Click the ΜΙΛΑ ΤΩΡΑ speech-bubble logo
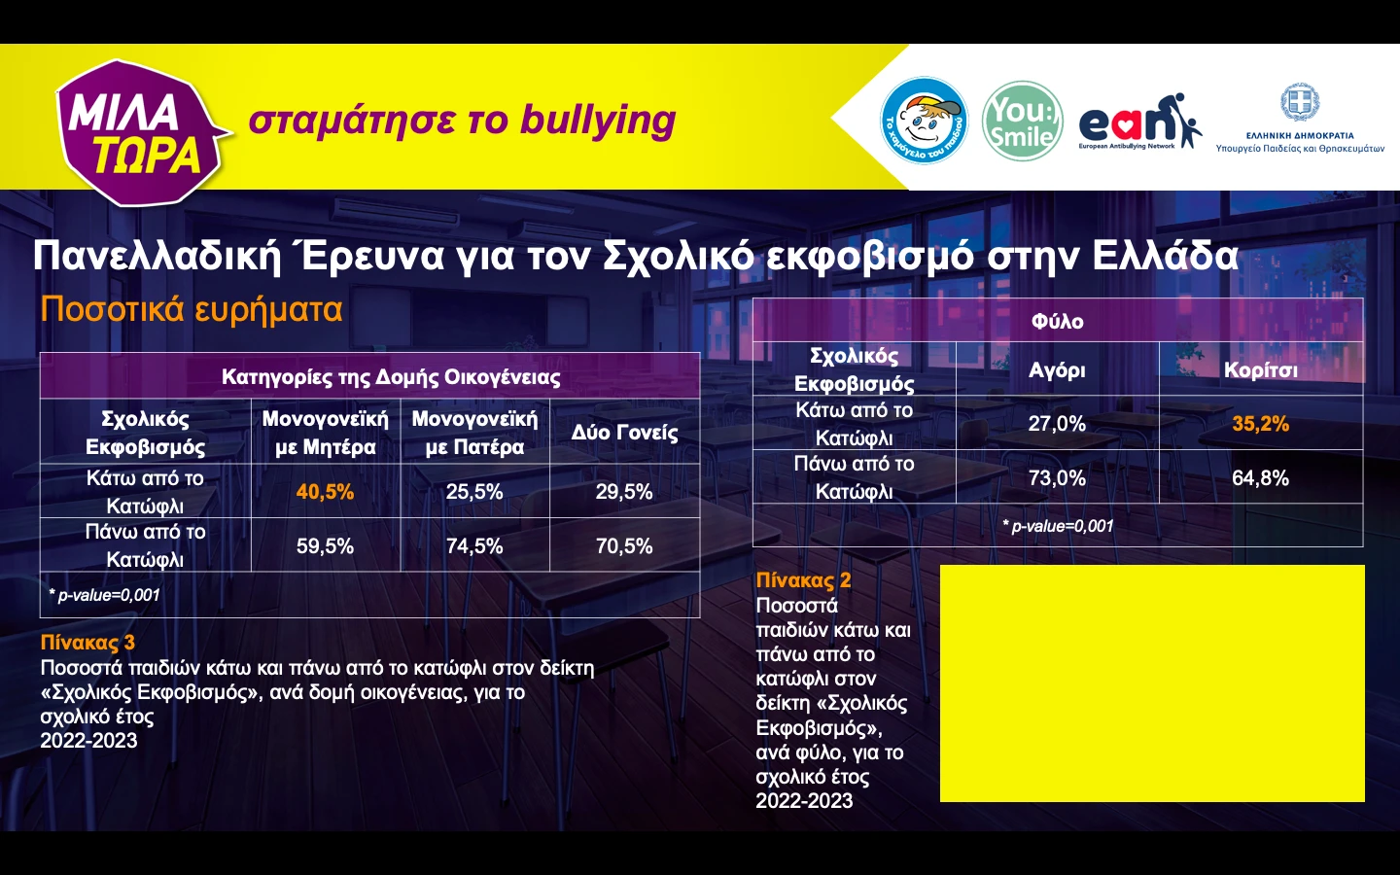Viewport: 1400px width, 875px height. [x=141, y=132]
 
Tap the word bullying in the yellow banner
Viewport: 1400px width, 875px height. [x=597, y=121]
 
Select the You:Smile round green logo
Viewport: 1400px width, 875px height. [x=1022, y=122]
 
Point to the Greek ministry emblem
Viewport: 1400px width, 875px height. [x=1299, y=102]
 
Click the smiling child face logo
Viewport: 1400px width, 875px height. [x=924, y=121]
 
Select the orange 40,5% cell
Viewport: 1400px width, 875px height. [x=325, y=492]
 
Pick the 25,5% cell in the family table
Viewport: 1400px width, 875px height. [x=474, y=492]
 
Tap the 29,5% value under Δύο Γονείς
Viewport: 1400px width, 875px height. [x=624, y=492]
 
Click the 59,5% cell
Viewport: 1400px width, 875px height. [x=325, y=546]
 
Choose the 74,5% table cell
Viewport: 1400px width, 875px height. [x=474, y=546]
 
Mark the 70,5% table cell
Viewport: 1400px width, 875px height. [x=624, y=546]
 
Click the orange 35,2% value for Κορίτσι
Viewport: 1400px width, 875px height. [x=1260, y=424]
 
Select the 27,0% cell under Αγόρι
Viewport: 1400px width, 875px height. [x=1057, y=424]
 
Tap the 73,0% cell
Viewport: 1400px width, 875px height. [x=1057, y=478]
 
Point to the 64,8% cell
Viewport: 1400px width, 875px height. [x=1260, y=478]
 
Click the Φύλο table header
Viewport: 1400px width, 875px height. [x=1057, y=321]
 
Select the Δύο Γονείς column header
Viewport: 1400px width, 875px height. [x=624, y=433]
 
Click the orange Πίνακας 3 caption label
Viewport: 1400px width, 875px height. [x=87, y=643]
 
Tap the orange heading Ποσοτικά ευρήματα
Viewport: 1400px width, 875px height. [x=192, y=309]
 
